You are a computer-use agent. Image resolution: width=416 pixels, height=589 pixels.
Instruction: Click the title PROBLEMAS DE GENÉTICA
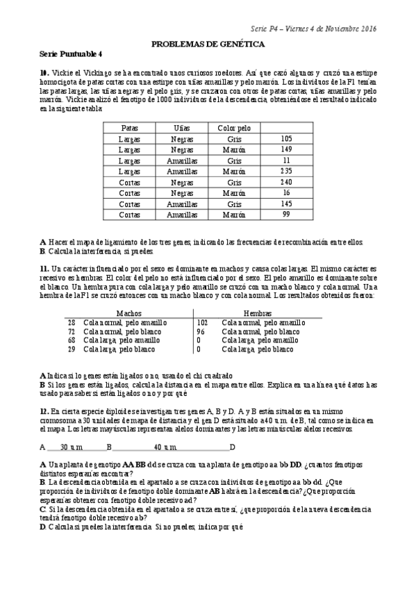(208, 44)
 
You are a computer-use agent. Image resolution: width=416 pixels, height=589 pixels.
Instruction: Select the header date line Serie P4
(314, 28)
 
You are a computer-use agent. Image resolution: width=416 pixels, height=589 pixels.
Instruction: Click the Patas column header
(129, 128)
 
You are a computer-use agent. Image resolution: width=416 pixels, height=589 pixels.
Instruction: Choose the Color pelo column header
(234, 128)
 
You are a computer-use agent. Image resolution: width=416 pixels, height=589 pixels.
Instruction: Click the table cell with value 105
(286, 139)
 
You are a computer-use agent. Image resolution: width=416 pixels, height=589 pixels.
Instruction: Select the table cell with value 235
(286, 171)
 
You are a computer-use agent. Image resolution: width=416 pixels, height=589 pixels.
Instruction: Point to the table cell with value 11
(286, 160)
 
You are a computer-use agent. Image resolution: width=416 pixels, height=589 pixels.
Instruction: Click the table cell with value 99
(286, 215)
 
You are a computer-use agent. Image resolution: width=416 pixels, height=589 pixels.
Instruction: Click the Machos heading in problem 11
(129, 313)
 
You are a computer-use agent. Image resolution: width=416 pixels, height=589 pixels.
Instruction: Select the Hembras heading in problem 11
(258, 313)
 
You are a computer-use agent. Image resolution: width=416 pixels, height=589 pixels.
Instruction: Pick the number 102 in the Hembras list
(202, 322)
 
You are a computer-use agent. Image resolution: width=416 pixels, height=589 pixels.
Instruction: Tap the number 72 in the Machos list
(72, 331)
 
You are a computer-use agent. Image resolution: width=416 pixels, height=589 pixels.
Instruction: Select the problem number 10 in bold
(44, 72)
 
